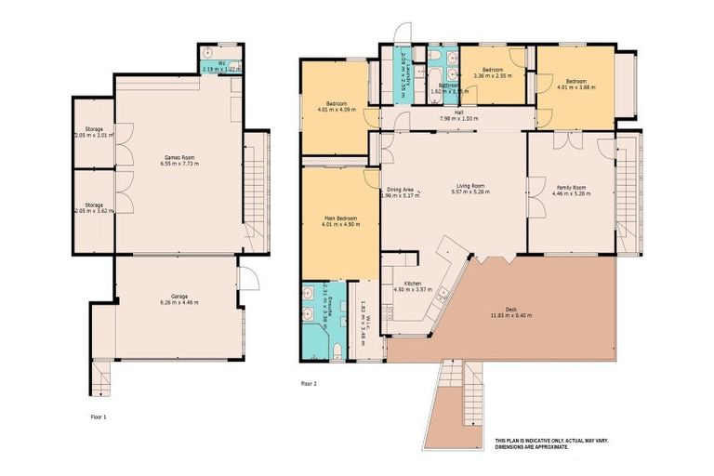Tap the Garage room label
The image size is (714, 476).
(x=178, y=299)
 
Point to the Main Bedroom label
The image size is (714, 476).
(x=340, y=221)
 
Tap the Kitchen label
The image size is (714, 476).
(x=413, y=286)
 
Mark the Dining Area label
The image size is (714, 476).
(x=400, y=192)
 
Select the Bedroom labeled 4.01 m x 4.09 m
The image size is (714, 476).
(x=335, y=105)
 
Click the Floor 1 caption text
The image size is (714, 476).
(x=98, y=417)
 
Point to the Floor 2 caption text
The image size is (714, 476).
(x=310, y=382)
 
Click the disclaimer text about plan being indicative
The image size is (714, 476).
(x=542, y=443)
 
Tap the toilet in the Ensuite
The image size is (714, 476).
(x=336, y=350)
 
